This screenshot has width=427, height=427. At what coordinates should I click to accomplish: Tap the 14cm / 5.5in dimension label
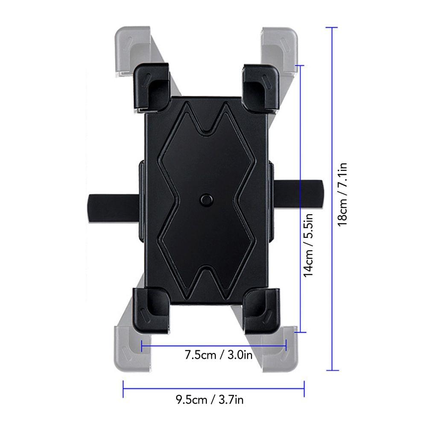point(308,246)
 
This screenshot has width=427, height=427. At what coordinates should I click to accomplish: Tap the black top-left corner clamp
point(152,86)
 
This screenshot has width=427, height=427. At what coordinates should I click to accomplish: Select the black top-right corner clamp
point(261,86)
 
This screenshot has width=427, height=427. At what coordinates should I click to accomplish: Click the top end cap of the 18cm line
point(332,27)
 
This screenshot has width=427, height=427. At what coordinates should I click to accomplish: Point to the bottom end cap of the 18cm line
point(332,371)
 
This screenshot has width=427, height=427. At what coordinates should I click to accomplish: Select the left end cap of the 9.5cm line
point(123,388)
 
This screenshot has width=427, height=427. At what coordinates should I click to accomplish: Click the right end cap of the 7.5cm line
point(286,345)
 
